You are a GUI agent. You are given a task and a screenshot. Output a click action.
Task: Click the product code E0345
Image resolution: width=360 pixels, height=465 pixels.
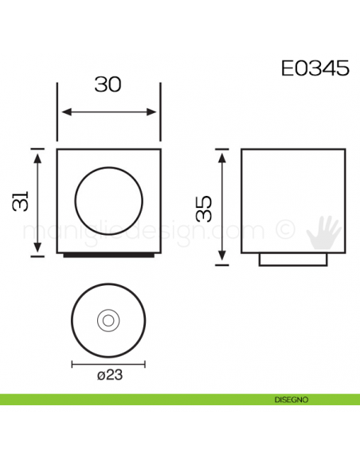click(x=315, y=68)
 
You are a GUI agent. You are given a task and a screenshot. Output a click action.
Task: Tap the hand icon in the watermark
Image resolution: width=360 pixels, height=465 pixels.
click(x=326, y=232)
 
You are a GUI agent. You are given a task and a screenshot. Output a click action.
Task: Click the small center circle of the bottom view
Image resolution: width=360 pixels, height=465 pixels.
click(x=108, y=320)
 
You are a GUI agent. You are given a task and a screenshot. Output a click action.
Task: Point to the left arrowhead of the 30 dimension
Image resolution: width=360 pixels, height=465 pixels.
click(x=63, y=112)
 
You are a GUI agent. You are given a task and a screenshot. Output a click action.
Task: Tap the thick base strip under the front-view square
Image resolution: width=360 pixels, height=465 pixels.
click(x=108, y=256)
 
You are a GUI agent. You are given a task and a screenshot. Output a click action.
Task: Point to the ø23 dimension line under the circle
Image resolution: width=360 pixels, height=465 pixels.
click(x=108, y=364)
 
